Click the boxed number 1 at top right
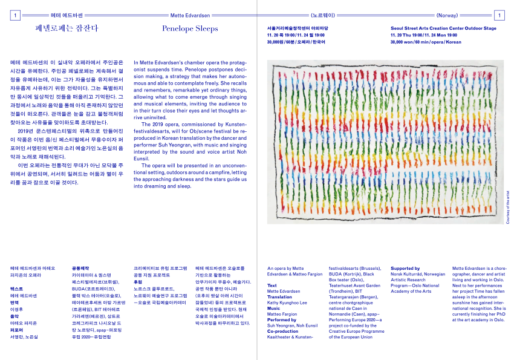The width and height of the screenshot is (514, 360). [x=499, y=15]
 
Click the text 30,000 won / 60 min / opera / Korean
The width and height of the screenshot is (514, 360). [x=426, y=42]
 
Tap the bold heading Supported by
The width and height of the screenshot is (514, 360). [x=405, y=269]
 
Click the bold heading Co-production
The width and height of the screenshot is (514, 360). [x=283, y=332]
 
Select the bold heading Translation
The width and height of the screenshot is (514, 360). [x=279, y=297]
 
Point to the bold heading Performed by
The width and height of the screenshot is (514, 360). [x=282, y=320]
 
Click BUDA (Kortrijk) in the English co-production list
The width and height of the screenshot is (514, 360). [x=345, y=274]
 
